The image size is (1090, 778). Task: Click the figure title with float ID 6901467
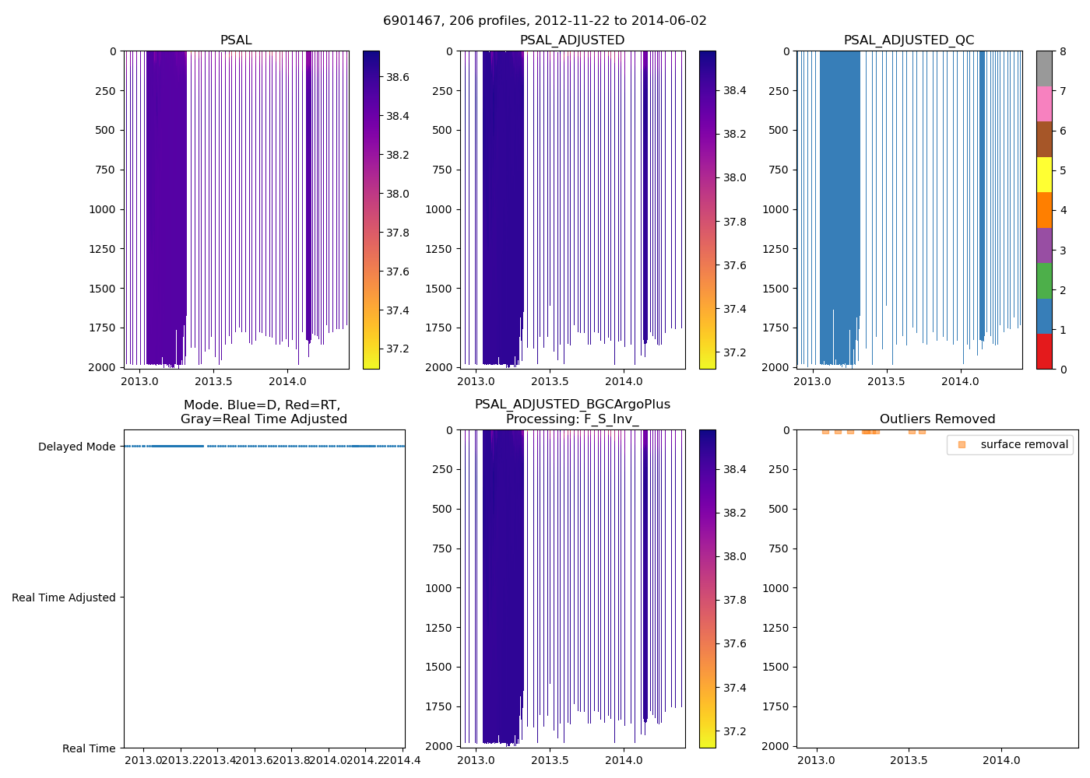[x=544, y=21]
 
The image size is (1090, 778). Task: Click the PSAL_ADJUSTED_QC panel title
[x=909, y=40]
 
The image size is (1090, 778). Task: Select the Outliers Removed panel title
[x=937, y=419]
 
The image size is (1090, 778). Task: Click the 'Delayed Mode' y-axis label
[x=76, y=447]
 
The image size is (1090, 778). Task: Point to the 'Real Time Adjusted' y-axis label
[x=63, y=598]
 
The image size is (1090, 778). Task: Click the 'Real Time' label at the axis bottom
[x=89, y=748]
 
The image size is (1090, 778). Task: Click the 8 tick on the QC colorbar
[x=1063, y=51]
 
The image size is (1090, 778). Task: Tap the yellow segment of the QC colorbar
[x=1044, y=174]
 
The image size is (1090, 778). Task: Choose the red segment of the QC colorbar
[x=1044, y=352]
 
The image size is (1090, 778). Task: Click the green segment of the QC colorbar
[x=1044, y=281]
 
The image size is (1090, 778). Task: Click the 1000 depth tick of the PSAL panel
[x=102, y=209]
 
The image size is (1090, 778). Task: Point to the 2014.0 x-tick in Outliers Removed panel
[x=1001, y=760]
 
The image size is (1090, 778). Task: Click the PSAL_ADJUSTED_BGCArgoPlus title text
[x=572, y=405]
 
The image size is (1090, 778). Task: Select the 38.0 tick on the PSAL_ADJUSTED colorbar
[x=734, y=177]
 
